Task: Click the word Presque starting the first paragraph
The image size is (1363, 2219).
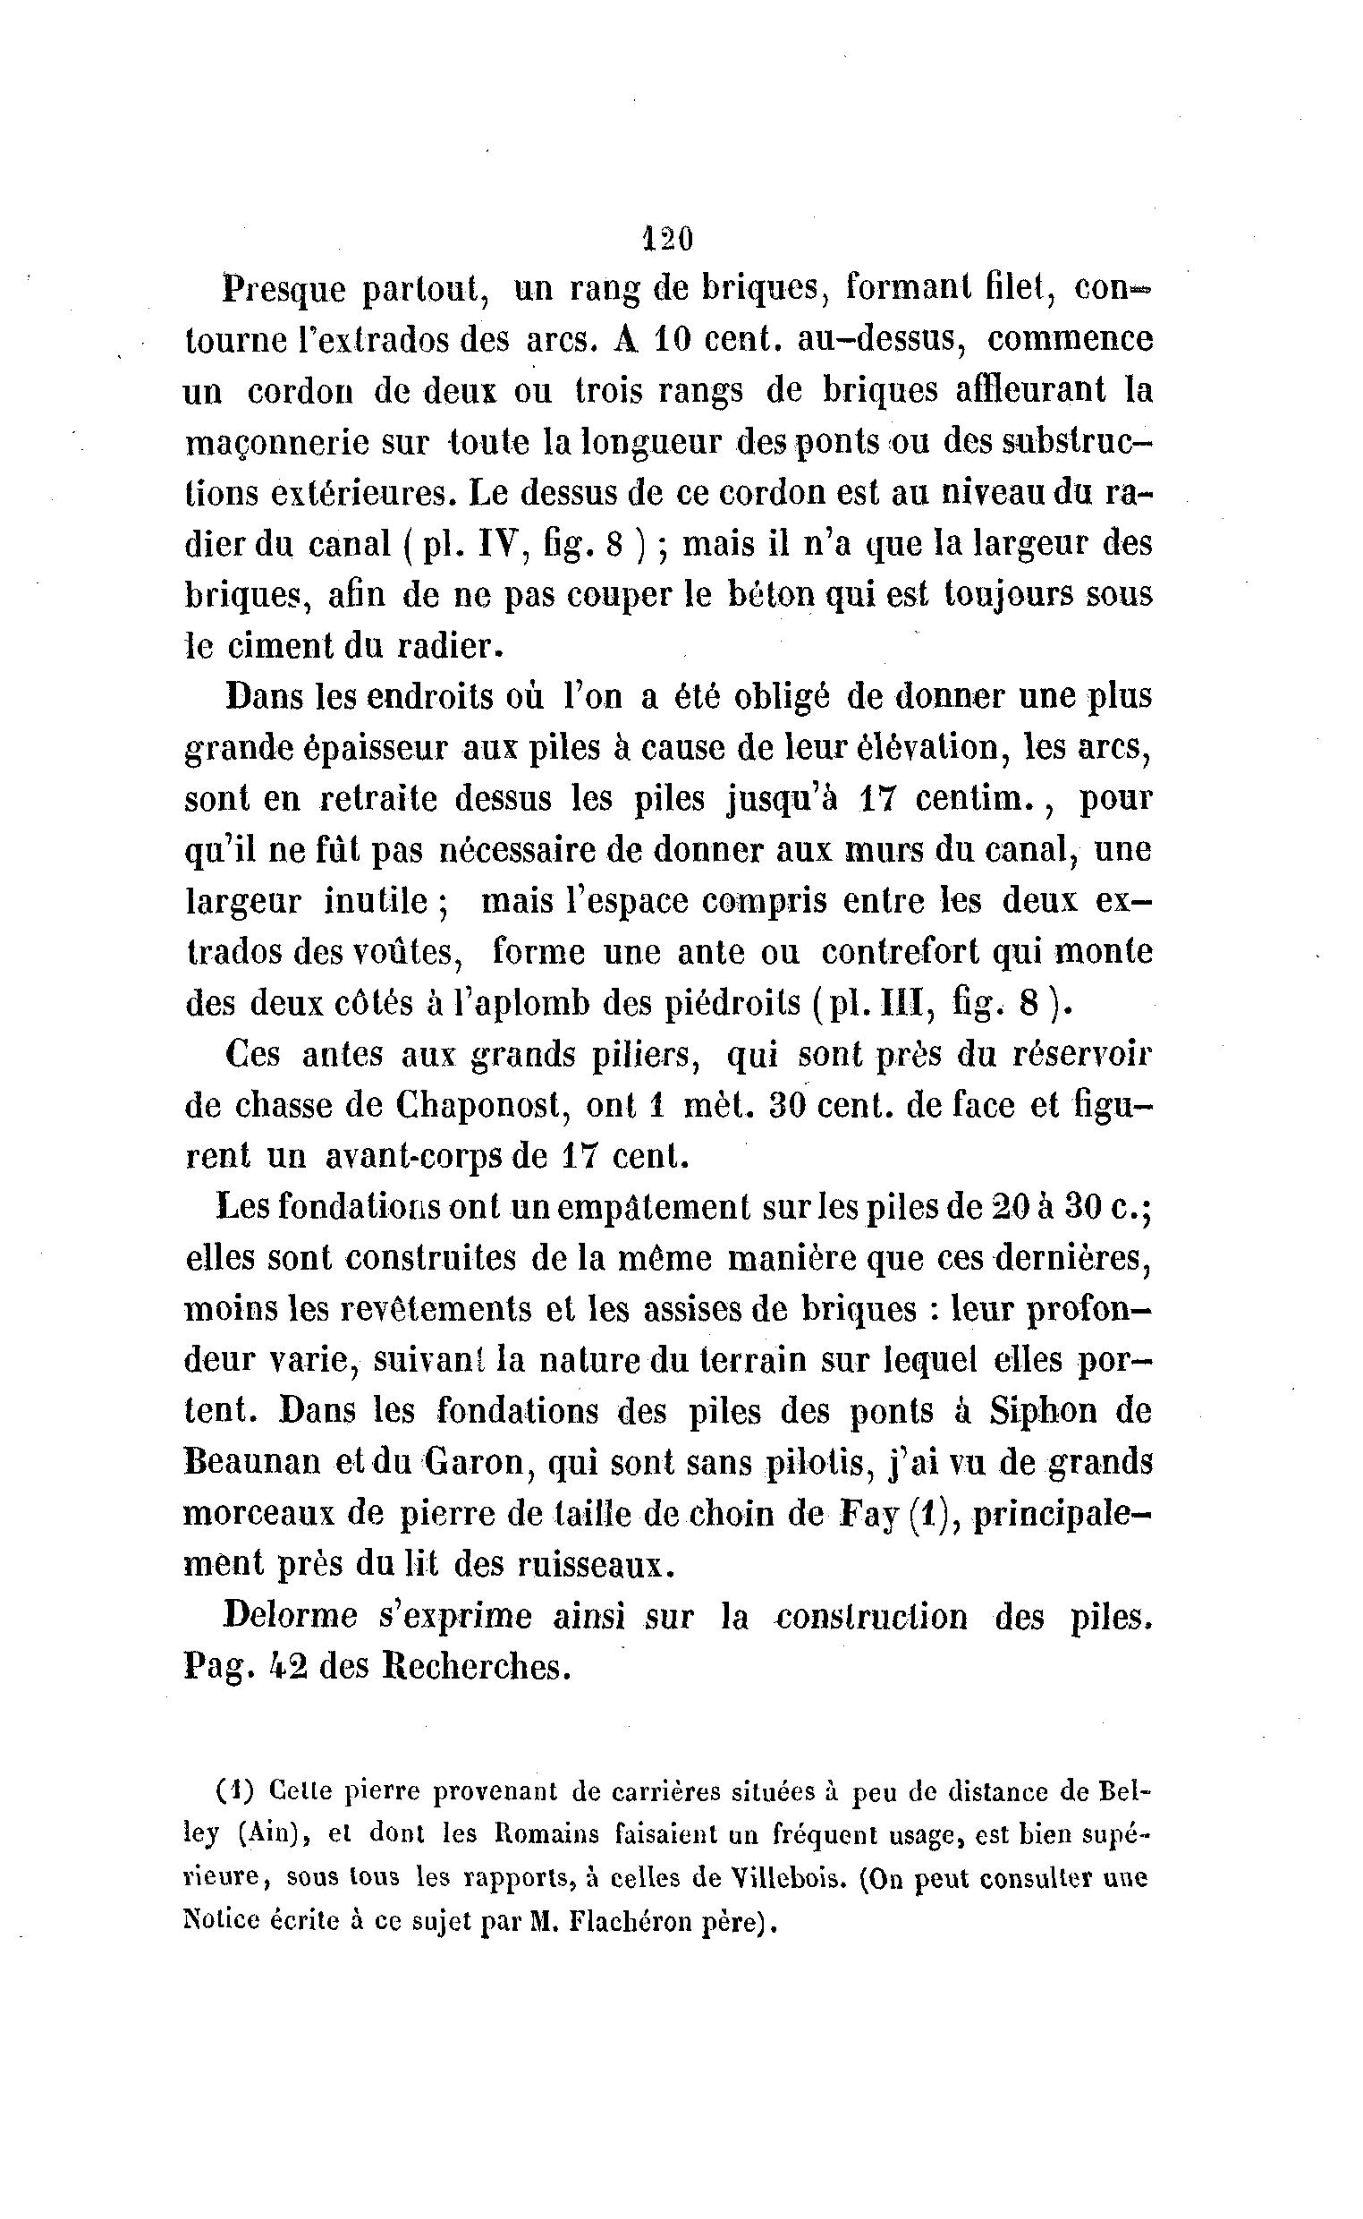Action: [x=283, y=290]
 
